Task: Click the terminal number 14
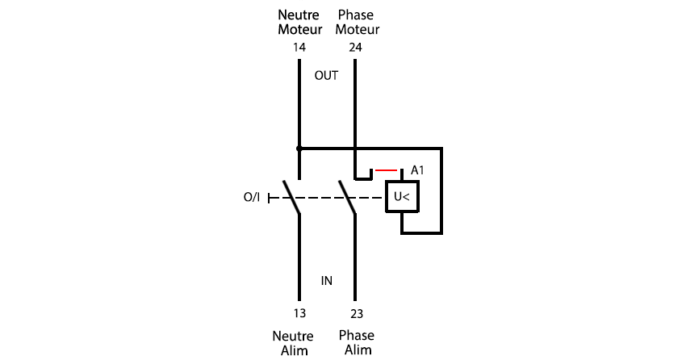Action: [x=299, y=48]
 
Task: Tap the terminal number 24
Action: [x=355, y=48]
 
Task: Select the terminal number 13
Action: [x=299, y=313]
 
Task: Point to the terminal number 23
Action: [x=357, y=314]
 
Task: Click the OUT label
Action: [x=326, y=76]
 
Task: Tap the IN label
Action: [x=327, y=281]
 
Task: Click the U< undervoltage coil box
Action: [x=402, y=197]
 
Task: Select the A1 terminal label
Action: [x=417, y=170]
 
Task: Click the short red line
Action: [x=387, y=170]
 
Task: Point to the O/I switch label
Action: [x=252, y=197]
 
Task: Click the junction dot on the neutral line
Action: [x=299, y=149]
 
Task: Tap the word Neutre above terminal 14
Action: [x=299, y=15]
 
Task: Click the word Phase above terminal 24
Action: [x=356, y=15]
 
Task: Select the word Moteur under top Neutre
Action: [x=300, y=30]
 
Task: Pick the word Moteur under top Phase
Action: [x=358, y=30]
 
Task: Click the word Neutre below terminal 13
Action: [x=293, y=337]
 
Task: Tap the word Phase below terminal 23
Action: [x=357, y=336]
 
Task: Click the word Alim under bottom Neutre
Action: [x=295, y=351]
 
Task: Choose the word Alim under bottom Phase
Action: [x=358, y=350]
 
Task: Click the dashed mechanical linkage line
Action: [x=326, y=198]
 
